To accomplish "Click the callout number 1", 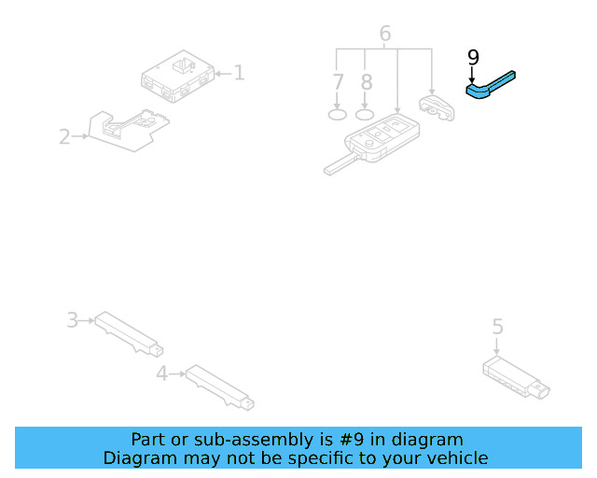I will (239, 72).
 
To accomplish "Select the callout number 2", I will (63, 137).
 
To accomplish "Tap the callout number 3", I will (72, 320).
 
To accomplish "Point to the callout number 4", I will (161, 373).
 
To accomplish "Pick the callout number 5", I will (497, 327).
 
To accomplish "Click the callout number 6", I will (384, 35).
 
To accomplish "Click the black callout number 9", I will (473, 58).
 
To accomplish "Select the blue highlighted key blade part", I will (490, 87).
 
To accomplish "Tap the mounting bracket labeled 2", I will (126, 129).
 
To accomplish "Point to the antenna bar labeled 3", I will (129, 333).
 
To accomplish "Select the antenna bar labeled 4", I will (219, 387).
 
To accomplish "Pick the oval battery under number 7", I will (338, 115).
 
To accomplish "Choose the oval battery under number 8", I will (366, 115).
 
